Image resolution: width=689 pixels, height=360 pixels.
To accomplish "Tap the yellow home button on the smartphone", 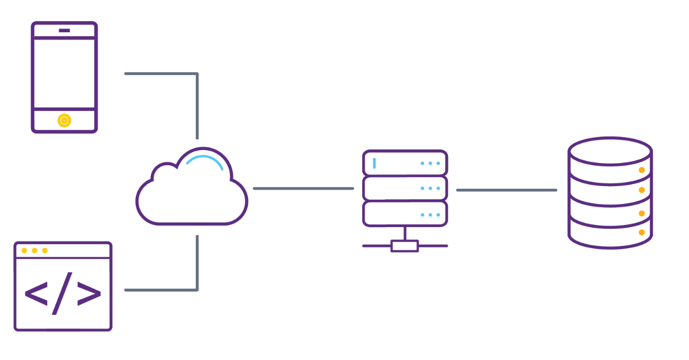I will point(64,121).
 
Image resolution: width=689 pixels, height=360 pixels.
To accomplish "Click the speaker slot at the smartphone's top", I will point(64,30).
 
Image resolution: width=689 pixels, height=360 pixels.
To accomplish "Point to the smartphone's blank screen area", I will point(64,74).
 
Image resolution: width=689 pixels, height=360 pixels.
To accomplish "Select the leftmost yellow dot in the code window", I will point(24,250).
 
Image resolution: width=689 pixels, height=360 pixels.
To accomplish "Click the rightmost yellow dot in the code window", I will point(45,250).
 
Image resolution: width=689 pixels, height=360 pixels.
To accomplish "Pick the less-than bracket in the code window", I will point(36,293).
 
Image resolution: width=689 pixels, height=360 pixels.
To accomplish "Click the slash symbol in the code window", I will point(62,293).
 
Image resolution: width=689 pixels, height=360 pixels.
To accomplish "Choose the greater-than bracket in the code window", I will point(89,293).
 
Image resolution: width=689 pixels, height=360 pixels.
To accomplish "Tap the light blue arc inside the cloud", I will point(205,160).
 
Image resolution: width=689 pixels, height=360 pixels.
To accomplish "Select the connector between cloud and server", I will point(303,188).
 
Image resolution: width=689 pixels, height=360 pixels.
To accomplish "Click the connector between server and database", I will point(507,190).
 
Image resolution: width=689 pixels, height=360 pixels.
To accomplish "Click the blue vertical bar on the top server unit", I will point(374,163).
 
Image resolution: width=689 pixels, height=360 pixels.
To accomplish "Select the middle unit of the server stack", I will point(405,188).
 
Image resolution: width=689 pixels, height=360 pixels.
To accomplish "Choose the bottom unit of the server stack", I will point(405,214).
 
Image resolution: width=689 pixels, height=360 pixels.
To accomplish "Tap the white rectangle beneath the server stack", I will point(405,246).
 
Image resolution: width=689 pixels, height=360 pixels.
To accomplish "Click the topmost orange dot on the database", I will point(642,170).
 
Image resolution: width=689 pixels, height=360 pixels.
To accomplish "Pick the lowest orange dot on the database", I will point(642,232).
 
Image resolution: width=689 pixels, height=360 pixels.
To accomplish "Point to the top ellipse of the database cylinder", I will point(610,151).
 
